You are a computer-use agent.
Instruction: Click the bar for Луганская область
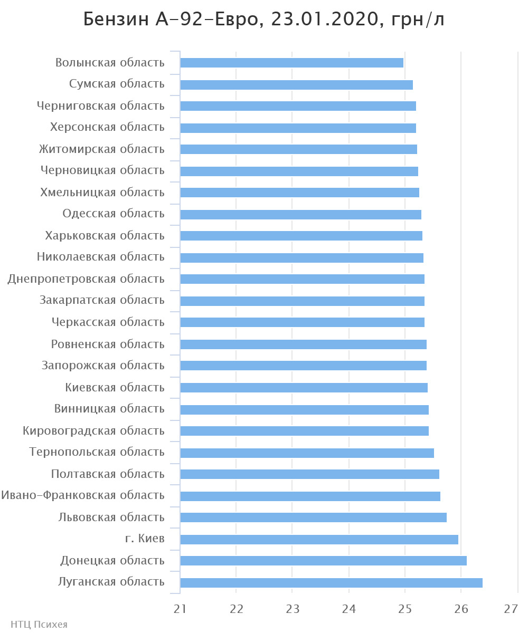[x=331, y=583]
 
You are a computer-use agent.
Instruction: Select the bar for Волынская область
[x=291, y=63]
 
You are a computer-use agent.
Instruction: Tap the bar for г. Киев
[x=319, y=540]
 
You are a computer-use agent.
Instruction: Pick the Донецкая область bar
[x=323, y=561]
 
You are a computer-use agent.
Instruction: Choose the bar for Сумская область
[x=296, y=85]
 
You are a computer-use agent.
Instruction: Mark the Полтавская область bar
[x=309, y=474]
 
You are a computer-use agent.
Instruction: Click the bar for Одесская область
[x=300, y=215]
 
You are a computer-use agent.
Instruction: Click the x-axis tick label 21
[x=180, y=609]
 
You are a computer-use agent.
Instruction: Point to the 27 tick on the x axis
[x=511, y=609]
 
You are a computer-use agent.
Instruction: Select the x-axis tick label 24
[x=348, y=609]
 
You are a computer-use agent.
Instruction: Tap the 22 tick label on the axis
[x=236, y=609]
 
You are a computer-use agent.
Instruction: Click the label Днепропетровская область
[x=86, y=279]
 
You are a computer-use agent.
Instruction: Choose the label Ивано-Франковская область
[x=82, y=495]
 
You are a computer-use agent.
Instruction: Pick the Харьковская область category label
[x=105, y=236]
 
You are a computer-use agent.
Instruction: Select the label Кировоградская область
[x=93, y=431]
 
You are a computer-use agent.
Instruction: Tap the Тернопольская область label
[x=97, y=452]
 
